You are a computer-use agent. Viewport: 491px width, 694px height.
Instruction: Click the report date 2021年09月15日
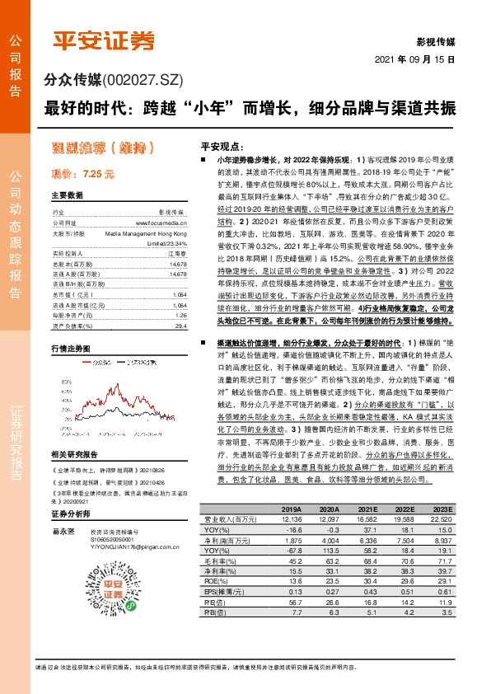click(420, 61)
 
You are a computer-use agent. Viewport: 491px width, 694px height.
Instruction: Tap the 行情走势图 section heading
click(70, 326)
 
